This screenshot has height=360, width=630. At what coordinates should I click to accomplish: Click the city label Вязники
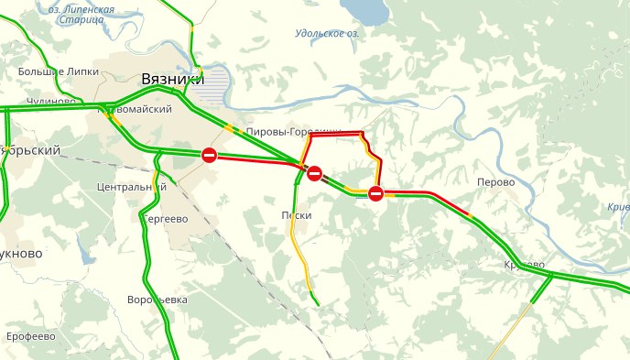point(172,80)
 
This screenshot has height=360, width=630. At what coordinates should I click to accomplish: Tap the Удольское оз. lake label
point(327,34)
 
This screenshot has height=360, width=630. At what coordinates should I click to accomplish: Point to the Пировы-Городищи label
point(293,133)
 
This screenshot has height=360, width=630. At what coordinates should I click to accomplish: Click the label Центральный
point(130,187)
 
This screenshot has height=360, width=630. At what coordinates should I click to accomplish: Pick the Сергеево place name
point(165,219)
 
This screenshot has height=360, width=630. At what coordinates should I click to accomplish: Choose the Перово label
point(496,182)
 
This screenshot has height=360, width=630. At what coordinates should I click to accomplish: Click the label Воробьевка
point(157,300)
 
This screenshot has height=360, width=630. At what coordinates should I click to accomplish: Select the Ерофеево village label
point(31,336)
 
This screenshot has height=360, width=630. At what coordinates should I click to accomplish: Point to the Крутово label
point(524,265)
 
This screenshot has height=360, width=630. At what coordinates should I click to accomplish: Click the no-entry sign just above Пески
point(314,172)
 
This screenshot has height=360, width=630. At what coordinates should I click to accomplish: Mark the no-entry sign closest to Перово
point(375,192)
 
